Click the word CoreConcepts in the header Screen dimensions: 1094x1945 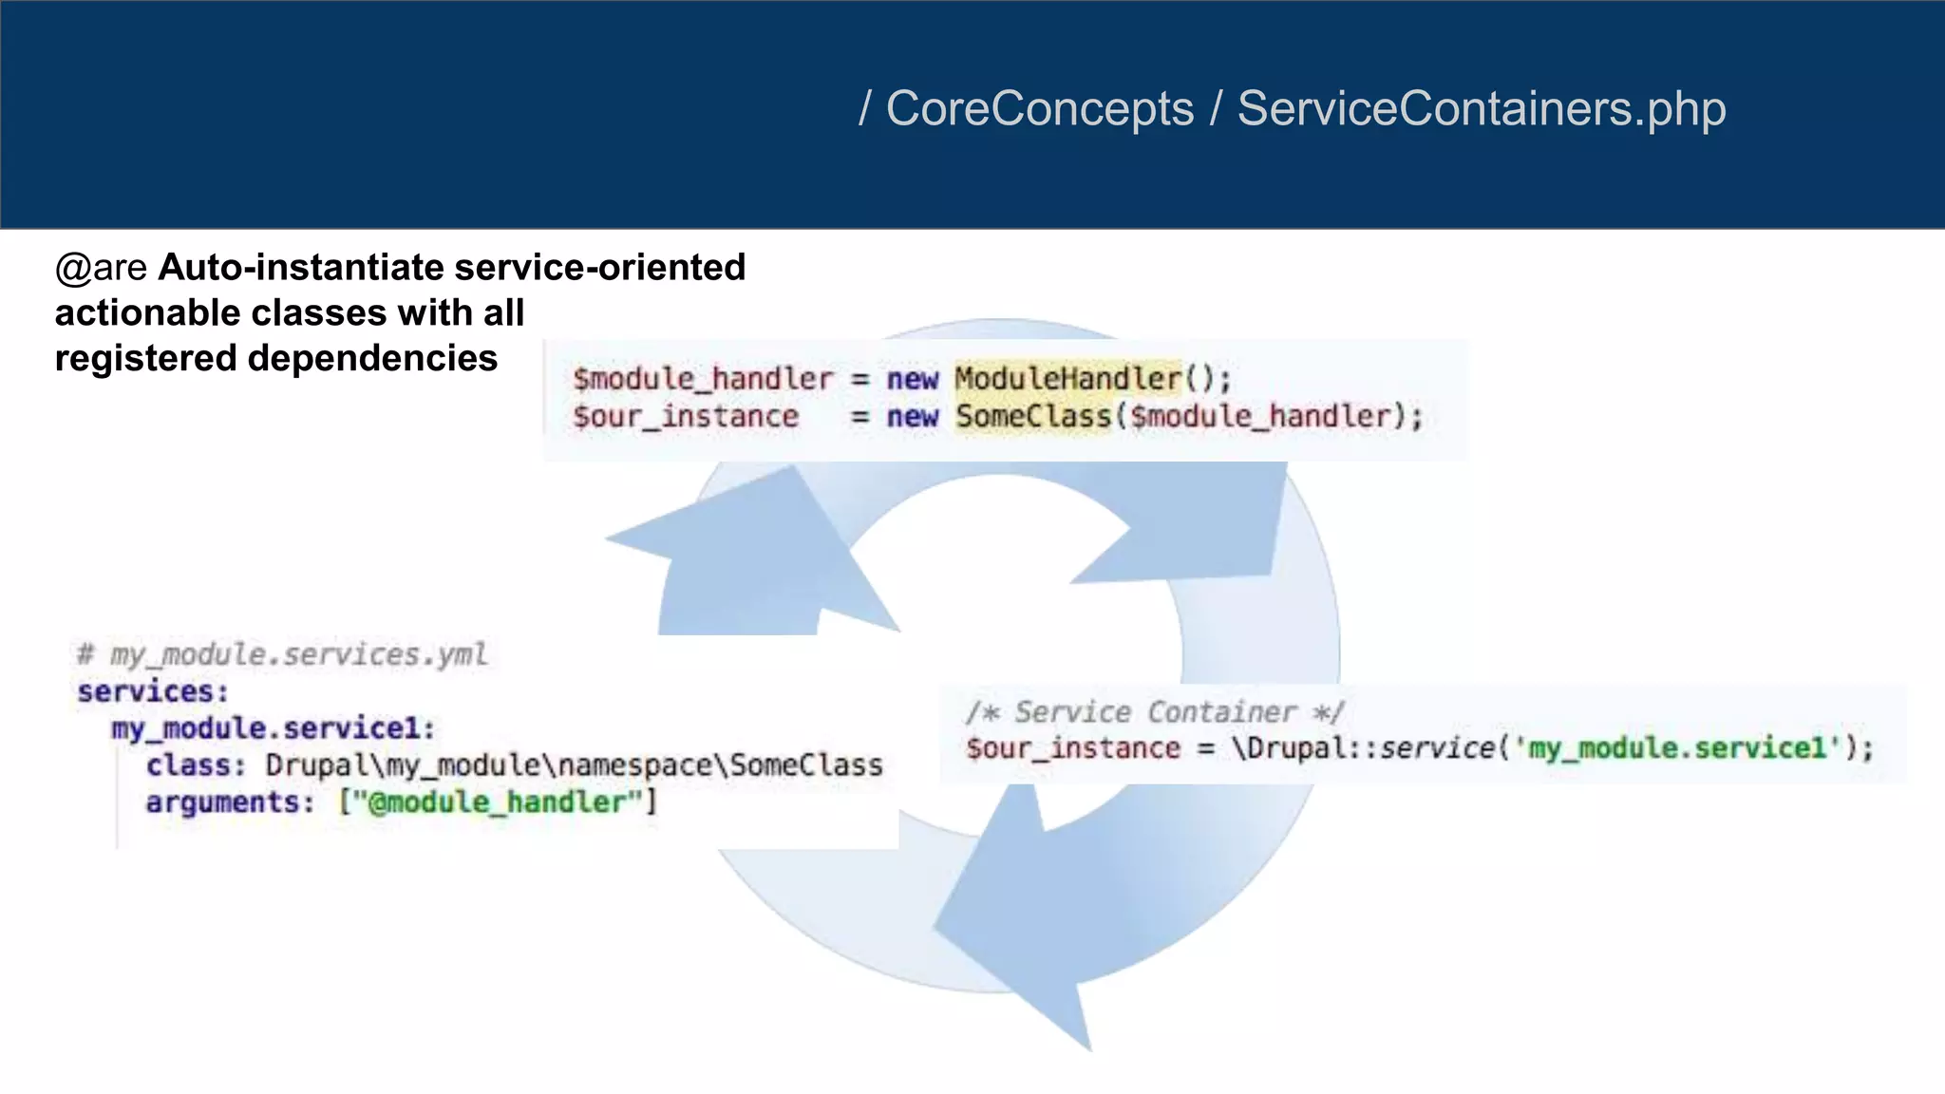[1039, 109]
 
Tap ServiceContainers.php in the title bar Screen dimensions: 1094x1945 [1481, 109]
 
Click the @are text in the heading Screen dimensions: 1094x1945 [101, 268]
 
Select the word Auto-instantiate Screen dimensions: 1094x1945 [301, 268]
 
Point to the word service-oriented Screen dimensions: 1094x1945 [600, 268]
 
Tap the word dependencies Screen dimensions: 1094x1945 [372, 359]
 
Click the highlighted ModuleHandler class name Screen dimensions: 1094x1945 [1067, 379]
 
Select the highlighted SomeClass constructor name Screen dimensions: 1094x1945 [1032, 417]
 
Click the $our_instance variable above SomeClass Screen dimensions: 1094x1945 [686, 417]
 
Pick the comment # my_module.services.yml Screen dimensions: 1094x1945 [282, 654]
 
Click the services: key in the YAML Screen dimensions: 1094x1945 [153, 691]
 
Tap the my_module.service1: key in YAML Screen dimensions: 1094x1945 [274, 728]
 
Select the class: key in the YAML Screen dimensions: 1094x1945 [196, 765]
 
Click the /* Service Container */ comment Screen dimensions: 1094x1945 [1155, 712]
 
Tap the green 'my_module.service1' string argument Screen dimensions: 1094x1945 [1675, 748]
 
